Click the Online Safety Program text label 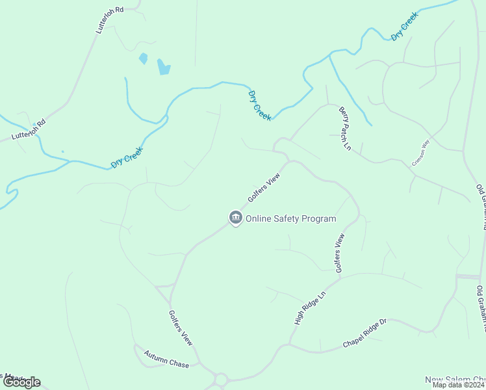coord(290,218)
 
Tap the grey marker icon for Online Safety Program coord(235,218)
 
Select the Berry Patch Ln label coord(344,130)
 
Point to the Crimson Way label coord(421,153)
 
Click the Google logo coord(21,382)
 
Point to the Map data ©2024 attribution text coord(459,385)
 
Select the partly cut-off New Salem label coord(455,380)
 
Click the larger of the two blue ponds coord(164,66)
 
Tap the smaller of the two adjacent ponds coord(143,58)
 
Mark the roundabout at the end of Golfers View coord(220,379)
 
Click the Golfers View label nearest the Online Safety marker coord(263,188)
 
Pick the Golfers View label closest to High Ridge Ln coord(339,257)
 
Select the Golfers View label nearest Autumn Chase coord(181,327)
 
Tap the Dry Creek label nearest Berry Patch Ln coord(260,105)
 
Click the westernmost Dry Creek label coord(126,157)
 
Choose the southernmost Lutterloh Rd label coord(29,130)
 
